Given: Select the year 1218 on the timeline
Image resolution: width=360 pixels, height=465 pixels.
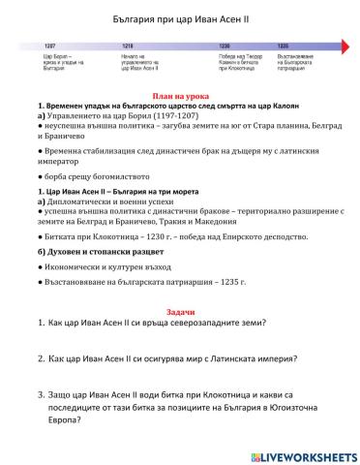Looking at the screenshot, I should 127,46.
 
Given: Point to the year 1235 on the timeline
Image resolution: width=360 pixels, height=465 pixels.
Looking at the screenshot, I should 283,46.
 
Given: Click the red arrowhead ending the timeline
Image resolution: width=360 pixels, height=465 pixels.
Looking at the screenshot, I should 345,46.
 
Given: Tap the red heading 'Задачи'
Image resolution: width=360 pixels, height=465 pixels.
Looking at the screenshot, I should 180,312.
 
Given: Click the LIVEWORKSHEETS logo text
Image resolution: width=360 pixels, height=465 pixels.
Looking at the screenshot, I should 307,454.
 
